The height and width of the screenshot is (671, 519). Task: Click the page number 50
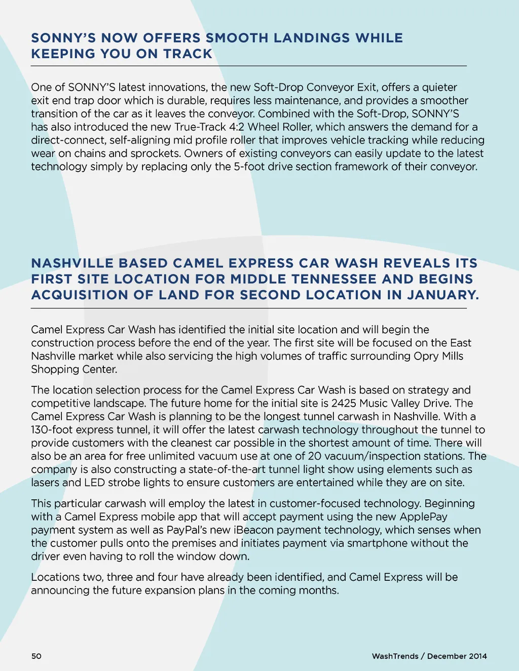pyautogui.click(x=36, y=656)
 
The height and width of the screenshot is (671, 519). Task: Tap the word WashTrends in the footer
pyautogui.click(x=395, y=656)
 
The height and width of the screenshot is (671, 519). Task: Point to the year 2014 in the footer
pyautogui.click(x=477, y=656)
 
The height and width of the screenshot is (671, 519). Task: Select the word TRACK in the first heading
pyautogui.click(x=188, y=54)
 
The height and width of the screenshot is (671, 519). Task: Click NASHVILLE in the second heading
pyautogui.click(x=72, y=263)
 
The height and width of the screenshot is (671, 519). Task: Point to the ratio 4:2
pyautogui.click(x=237, y=127)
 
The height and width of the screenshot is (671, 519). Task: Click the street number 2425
pyautogui.click(x=344, y=404)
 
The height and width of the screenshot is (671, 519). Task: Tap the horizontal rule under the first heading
pyautogui.click(x=248, y=66)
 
